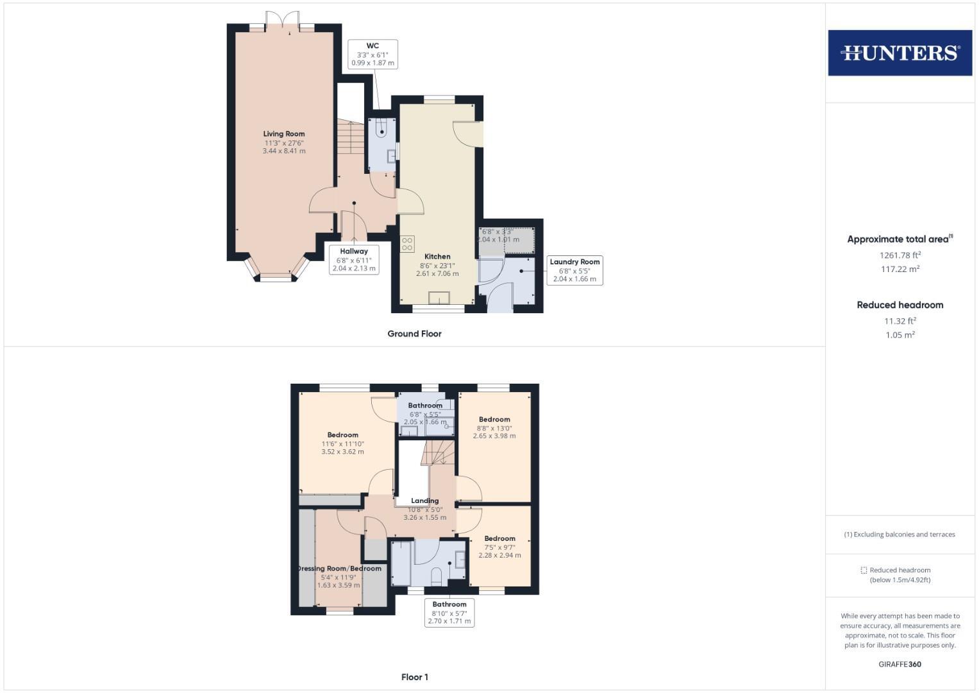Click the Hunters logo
point(900,53)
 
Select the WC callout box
point(372,55)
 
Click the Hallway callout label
point(354,260)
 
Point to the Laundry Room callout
point(574,270)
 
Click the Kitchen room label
point(437,264)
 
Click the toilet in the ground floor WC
point(382,127)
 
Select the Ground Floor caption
point(414,334)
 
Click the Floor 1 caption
point(414,677)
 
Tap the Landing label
point(424,508)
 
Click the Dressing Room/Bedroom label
point(340,576)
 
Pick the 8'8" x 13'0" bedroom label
point(494,427)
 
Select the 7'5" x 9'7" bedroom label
point(499,547)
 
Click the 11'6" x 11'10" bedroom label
point(342,443)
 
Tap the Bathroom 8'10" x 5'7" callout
point(449,613)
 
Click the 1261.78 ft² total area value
point(900,255)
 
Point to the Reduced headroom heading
point(900,305)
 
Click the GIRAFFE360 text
point(900,664)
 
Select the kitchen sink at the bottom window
point(439,298)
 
